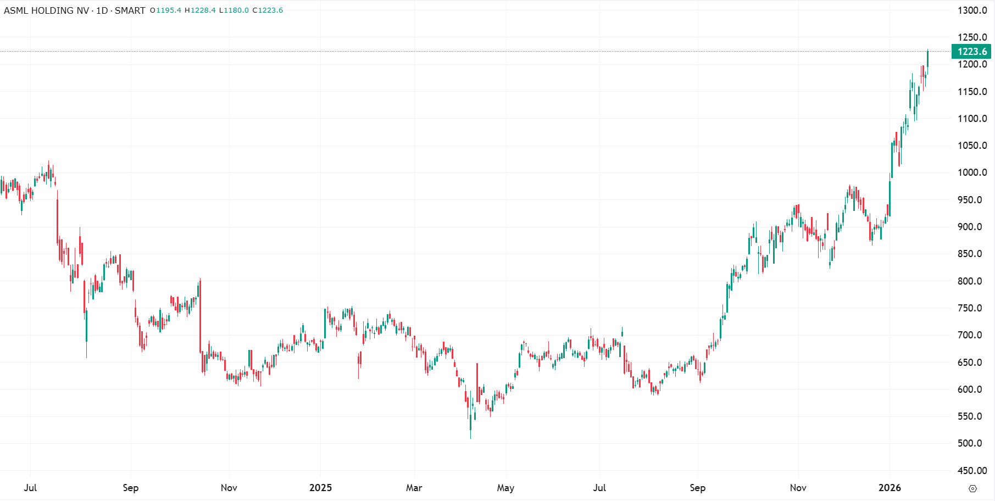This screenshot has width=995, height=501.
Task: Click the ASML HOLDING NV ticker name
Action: (46, 10)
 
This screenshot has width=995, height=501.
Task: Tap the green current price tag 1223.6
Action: (971, 52)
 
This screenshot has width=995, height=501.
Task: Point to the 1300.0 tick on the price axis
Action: (972, 10)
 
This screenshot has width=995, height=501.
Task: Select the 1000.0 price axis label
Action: (972, 172)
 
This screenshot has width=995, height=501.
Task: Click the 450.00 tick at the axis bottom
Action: (972, 471)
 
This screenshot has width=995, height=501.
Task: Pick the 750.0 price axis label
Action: (972, 308)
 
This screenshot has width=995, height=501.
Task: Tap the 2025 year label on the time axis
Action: (320, 488)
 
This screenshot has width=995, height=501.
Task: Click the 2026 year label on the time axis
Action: (890, 488)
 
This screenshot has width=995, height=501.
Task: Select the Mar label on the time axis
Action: (414, 488)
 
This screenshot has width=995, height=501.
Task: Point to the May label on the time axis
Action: (505, 488)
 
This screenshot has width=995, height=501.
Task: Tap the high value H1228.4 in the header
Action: (200, 10)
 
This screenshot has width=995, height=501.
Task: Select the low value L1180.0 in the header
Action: (234, 10)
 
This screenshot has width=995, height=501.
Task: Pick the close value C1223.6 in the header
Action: (268, 10)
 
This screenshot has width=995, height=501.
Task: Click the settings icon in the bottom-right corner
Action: (972, 488)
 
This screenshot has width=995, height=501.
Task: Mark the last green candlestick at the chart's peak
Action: (927, 58)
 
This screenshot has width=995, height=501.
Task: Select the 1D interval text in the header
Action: (102, 10)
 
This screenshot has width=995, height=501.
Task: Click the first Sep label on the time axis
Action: (130, 488)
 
